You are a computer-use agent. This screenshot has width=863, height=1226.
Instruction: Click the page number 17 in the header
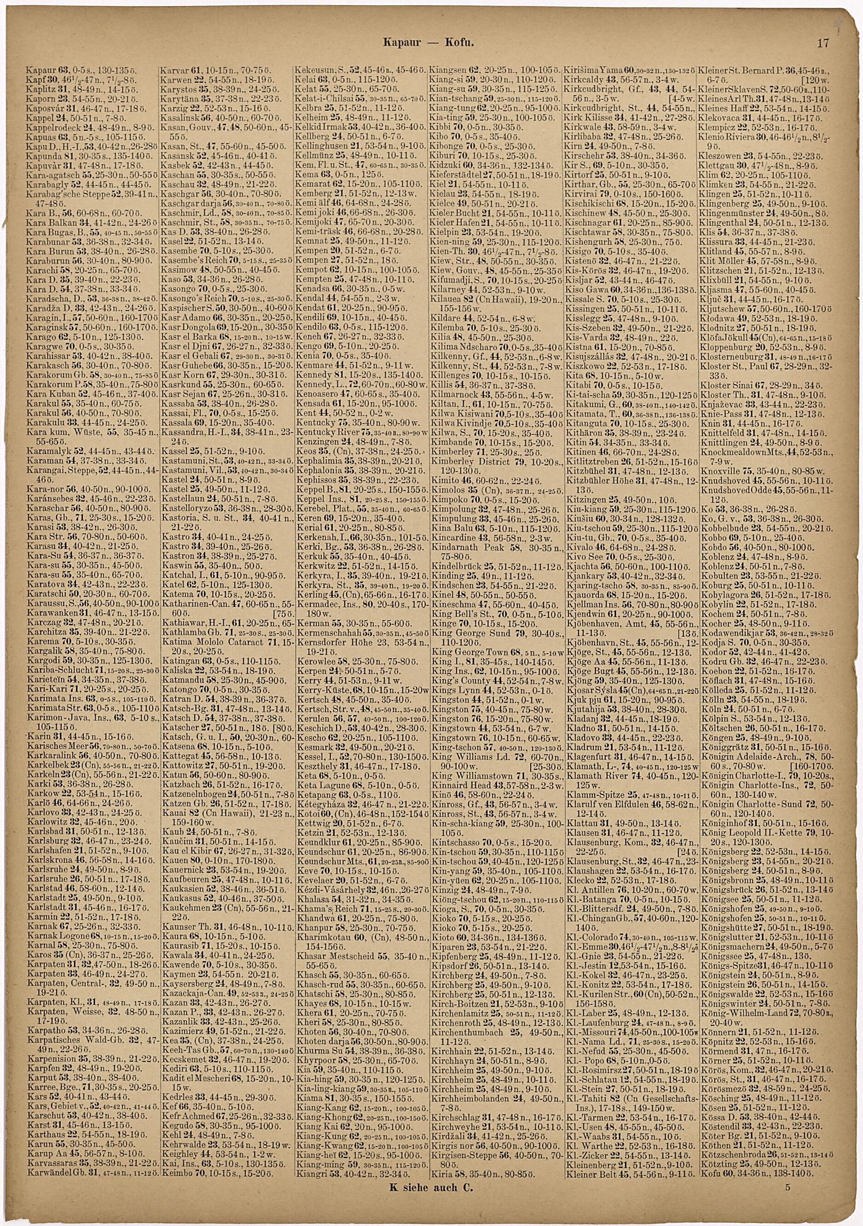pyautogui.click(x=822, y=44)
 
